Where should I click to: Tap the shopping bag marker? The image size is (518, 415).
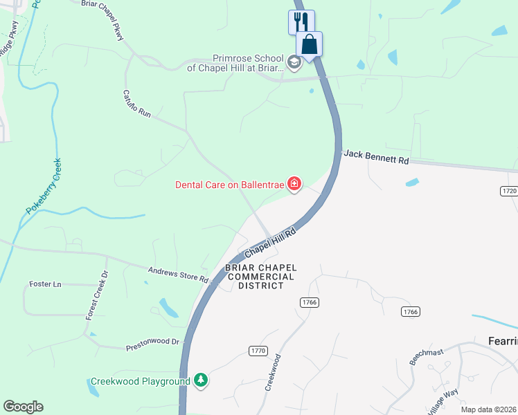(x=310, y=44)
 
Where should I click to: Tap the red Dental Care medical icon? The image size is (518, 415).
(x=294, y=184)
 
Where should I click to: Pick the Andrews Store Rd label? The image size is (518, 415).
(x=178, y=274)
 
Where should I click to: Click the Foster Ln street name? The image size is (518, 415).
(x=46, y=284)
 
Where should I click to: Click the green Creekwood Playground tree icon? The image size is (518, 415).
(x=201, y=380)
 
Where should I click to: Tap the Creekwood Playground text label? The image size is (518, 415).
(x=141, y=382)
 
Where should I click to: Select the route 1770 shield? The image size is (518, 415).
(x=258, y=351)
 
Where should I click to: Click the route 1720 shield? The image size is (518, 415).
(x=508, y=190)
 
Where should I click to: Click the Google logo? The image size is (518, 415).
(x=23, y=407)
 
